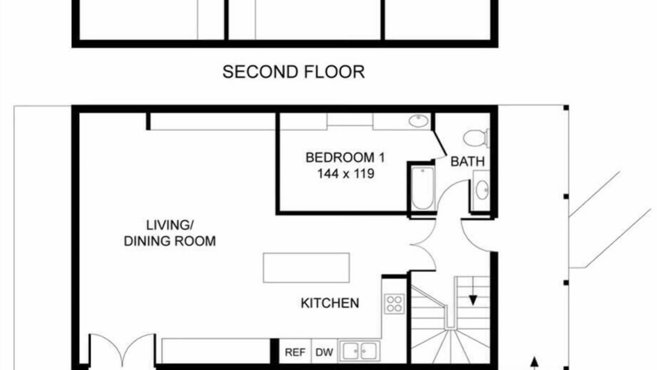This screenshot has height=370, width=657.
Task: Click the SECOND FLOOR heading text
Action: coord(294,72)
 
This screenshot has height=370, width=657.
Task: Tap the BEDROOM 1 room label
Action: coord(345,158)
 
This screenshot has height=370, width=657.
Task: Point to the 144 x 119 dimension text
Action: coord(346,174)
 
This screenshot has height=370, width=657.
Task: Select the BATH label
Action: coord(468,161)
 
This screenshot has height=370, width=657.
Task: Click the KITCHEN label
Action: coord(330,303)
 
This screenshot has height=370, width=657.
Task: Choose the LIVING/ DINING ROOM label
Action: coord(170,233)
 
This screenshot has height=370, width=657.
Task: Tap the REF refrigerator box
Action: coord(295,352)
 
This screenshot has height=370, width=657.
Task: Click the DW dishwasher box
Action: coord(324,352)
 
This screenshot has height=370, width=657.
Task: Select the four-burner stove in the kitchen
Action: coord(394,304)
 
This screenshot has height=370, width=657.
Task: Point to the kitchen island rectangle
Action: coord(306,268)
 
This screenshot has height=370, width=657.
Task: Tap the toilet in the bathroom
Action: coord(476,138)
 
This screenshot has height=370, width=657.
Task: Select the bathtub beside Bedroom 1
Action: coord(422,188)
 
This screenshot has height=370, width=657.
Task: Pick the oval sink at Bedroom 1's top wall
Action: coord(418,121)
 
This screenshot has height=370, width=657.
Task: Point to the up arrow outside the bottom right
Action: coord(534,363)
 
